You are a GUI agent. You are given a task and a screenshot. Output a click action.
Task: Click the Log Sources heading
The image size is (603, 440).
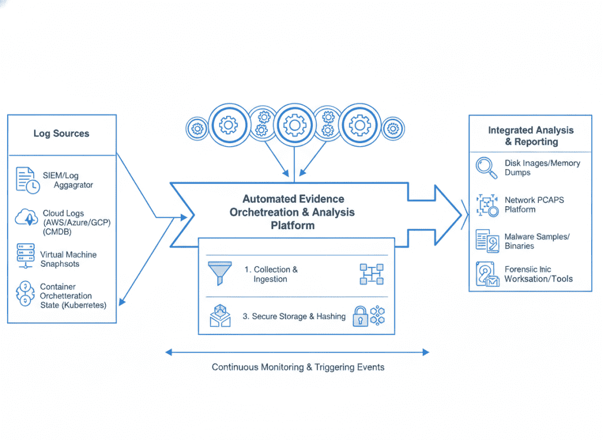(x=61, y=134)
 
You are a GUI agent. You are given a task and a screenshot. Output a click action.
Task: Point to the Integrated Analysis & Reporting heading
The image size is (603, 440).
(x=531, y=136)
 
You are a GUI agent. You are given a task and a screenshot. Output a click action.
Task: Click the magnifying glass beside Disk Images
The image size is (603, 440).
(x=486, y=167)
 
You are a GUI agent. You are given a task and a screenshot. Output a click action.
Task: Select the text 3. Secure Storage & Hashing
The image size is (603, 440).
(x=294, y=316)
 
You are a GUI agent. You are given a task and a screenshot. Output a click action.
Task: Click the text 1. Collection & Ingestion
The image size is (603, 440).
(x=271, y=274)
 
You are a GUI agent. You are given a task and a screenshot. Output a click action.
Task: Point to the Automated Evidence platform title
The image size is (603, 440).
(x=293, y=212)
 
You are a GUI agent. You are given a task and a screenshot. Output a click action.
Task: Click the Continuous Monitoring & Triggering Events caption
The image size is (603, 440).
(x=298, y=367)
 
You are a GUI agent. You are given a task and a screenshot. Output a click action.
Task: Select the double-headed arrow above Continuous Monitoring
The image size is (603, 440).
(x=297, y=352)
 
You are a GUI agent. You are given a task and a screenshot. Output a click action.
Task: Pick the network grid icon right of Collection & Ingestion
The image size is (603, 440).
(x=371, y=274)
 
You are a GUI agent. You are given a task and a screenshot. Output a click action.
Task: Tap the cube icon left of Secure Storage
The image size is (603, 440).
(x=220, y=317)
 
